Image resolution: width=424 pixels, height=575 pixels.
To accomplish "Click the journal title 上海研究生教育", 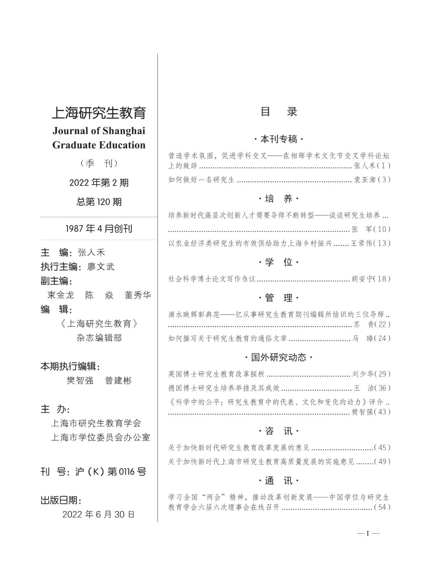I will [99, 113].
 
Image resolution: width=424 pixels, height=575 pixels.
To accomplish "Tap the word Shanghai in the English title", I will [124, 131].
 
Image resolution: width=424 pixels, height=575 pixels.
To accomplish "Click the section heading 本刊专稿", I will [279, 139].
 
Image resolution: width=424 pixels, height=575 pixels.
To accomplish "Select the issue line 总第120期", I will [99, 202].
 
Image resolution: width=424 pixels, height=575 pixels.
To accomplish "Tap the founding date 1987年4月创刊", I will [99, 229].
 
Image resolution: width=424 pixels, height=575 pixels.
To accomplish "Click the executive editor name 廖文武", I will [101, 267].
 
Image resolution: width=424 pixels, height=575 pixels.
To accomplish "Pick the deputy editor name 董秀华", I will [138, 295].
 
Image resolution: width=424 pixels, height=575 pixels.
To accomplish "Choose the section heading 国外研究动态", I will [279, 358].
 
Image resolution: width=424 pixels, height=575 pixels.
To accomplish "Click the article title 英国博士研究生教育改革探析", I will [216, 374].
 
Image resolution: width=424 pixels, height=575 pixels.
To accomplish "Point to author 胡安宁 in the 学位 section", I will [361, 279].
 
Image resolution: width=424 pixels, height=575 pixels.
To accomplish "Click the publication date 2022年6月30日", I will [99, 514].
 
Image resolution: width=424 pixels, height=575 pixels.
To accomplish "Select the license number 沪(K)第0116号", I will [110, 472].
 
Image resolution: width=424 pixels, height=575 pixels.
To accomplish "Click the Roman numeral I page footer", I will [368, 533].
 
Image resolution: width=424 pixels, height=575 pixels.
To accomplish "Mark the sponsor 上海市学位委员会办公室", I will [101, 437].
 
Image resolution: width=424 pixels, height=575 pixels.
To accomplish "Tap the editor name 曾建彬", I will [118, 380].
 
